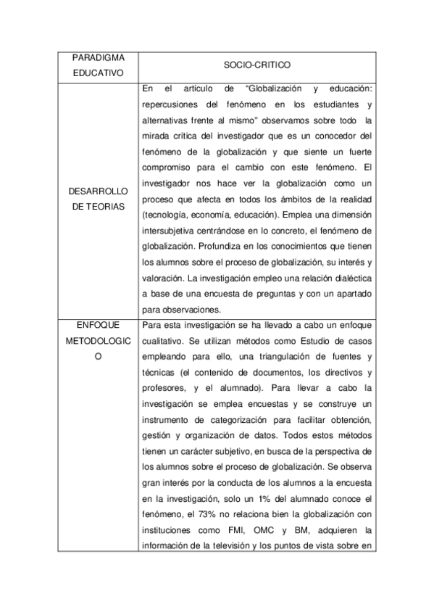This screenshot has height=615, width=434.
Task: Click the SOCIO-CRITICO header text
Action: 257,65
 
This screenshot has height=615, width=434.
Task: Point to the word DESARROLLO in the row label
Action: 97,191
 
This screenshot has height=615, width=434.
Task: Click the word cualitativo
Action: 165,341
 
